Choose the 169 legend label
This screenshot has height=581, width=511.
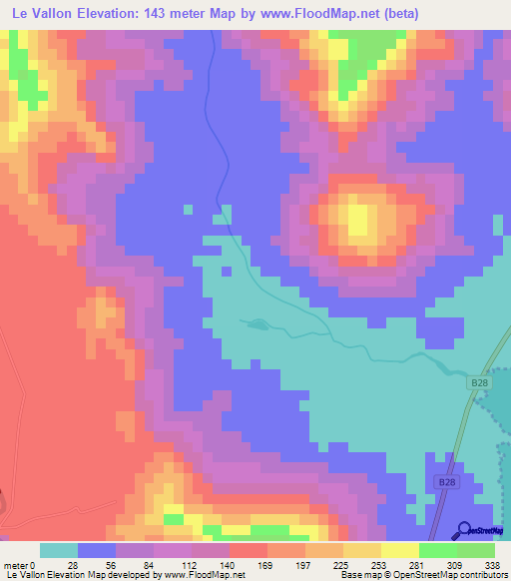point(266,564)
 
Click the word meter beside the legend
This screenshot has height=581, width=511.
point(16,564)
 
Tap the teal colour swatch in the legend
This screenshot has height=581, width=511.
point(58,550)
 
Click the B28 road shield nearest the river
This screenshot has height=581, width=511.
point(479,382)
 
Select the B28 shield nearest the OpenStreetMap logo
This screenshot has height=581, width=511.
point(445,483)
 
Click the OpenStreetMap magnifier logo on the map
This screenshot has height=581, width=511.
point(465,530)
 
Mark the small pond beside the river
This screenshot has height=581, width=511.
point(255,322)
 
